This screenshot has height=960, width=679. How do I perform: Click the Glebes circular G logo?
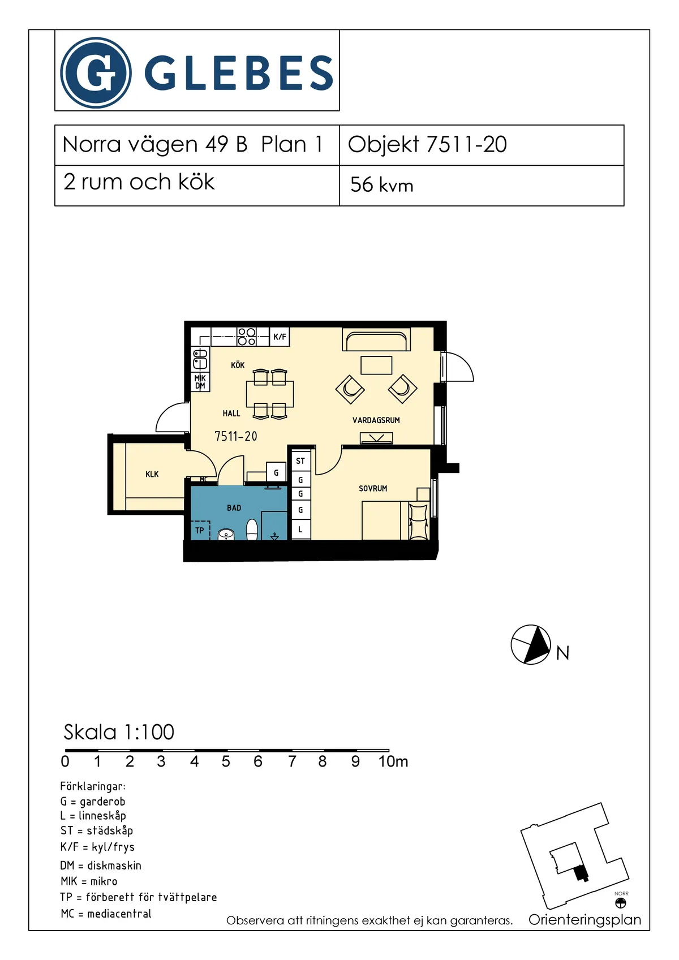(x=96, y=73)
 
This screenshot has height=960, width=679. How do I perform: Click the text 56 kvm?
(x=381, y=185)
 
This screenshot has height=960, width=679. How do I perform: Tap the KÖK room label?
(x=238, y=365)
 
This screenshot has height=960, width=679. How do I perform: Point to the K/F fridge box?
(x=280, y=337)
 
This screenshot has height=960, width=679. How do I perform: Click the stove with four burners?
(x=247, y=337)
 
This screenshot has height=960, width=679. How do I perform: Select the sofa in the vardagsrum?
(x=376, y=341)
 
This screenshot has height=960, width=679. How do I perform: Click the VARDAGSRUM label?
(x=376, y=420)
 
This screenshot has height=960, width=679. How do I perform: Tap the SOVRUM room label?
(x=373, y=488)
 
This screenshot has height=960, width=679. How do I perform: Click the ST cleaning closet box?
(x=300, y=461)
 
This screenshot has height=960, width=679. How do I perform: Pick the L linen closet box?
(x=300, y=530)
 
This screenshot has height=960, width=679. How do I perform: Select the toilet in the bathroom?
(x=252, y=529)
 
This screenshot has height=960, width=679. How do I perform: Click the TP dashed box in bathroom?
(x=200, y=530)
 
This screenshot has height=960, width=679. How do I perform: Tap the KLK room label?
(x=152, y=474)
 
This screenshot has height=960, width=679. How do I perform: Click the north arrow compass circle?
(x=531, y=644)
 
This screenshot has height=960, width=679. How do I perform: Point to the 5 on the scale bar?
(x=226, y=761)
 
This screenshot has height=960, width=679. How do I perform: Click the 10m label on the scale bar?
(x=393, y=761)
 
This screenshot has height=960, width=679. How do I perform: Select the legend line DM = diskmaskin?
(x=101, y=866)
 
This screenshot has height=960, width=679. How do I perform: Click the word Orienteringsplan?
(x=585, y=920)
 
